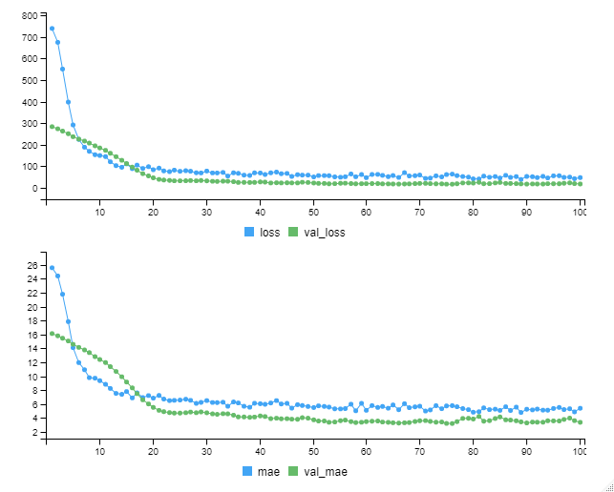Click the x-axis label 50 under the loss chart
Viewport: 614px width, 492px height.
[x=313, y=212]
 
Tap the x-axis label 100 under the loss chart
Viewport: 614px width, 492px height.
[x=578, y=212]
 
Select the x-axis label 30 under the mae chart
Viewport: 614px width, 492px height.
[x=206, y=454]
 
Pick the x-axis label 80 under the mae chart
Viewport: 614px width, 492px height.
[x=473, y=454]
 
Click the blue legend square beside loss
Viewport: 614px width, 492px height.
[x=250, y=232]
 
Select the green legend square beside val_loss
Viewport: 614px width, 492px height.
[x=294, y=232]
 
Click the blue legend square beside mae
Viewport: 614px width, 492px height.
[x=250, y=471]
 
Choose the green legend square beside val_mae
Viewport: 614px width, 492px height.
[x=295, y=471]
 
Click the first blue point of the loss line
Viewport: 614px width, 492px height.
[x=52, y=29]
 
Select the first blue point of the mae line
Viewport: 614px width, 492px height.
[x=52, y=268]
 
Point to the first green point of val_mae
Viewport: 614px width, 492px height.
[x=52, y=334]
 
